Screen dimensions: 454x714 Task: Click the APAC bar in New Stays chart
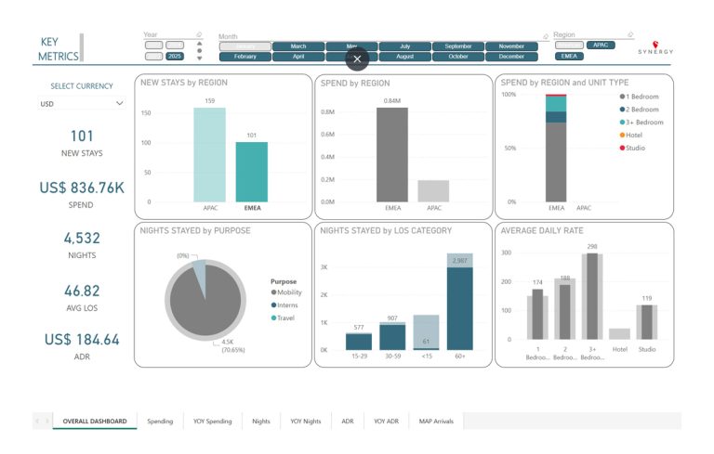[x=209, y=154]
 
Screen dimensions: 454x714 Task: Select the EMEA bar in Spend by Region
[x=391, y=154]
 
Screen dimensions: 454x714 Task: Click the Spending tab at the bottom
[x=160, y=422]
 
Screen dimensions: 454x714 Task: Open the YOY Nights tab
[x=305, y=422]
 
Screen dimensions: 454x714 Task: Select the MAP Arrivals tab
[x=436, y=422]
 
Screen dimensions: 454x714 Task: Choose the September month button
[x=457, y=45]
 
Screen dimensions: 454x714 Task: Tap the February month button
[x=245, y=57]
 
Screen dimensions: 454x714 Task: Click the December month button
[x=511, y=57]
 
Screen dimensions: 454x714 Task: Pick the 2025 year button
[x=175, y=57]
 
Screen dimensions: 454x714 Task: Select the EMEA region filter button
[x=569, y=57]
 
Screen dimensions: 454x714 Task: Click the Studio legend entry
[x=635, y=148]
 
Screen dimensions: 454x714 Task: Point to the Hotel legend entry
[x=635, y=135]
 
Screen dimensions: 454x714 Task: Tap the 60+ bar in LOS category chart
[x=459, y=306]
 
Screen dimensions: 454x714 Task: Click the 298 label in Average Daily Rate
[x=591, y=247]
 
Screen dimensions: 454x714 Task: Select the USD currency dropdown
[x=81, y=104]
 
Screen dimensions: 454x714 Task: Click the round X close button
[x=357, y=58]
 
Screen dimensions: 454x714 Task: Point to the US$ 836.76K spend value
[x=82, y=188]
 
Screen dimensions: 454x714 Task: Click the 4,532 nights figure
[x=82, y=239]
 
